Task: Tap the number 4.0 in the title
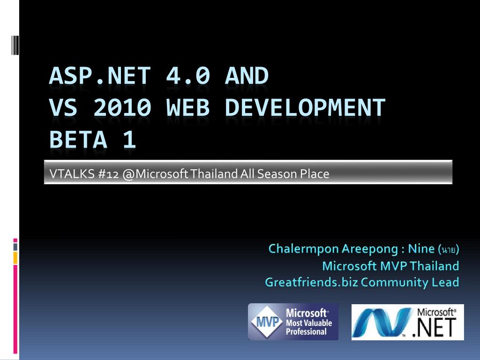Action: coord(188,75)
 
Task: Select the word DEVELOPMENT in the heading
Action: coord(305,107)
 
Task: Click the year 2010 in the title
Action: coord(122,107)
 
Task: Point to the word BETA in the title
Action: coord(78,139)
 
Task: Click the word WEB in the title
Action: coord(188,107)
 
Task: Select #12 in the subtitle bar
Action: coord(108,174)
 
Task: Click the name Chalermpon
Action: coord(303,248)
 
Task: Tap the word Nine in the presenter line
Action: coord(421,248)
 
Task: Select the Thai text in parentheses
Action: coord(449,249)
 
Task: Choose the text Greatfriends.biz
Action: coord(311,282)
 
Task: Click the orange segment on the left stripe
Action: coord(15,258)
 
